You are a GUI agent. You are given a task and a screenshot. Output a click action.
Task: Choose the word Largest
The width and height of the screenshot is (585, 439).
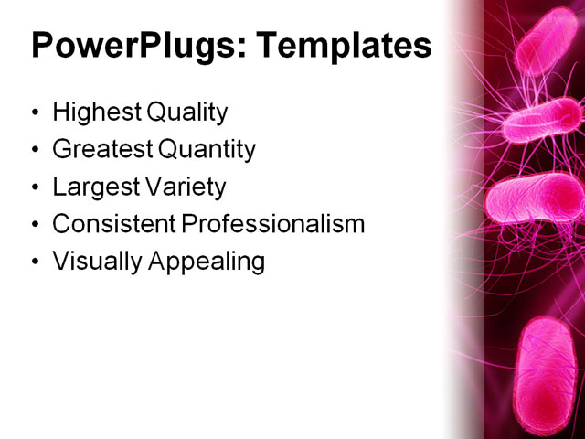[x=94, y=187]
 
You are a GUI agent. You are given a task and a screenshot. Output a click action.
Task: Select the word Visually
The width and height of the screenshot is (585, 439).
[x=92, y=262]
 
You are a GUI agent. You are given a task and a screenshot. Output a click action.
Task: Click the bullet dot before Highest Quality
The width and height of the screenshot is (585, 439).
[x=36, y=114]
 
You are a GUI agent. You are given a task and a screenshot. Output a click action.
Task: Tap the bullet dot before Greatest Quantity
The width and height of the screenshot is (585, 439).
[x=36, y=151]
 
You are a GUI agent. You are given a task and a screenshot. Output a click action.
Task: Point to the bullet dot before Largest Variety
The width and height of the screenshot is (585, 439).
[x=36, y=188]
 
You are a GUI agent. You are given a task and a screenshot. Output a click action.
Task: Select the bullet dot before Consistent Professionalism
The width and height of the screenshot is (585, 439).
[x=36, y=225]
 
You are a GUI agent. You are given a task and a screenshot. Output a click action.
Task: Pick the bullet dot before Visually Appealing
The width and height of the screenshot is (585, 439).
[x=36, y=262]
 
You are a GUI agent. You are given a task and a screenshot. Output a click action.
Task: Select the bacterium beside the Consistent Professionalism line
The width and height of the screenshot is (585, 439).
[x=535, y=198]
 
